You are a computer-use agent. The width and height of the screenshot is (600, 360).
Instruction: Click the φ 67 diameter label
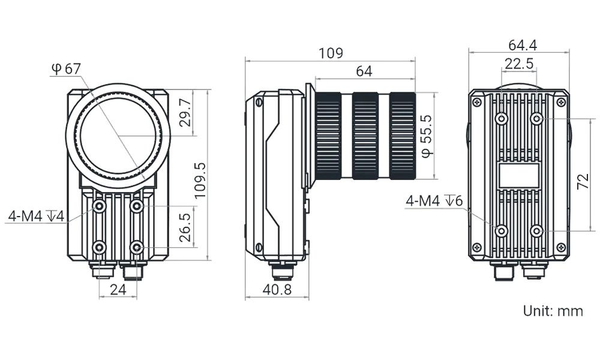(66, 69)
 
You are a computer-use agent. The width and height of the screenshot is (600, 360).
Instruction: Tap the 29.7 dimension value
(185, 112)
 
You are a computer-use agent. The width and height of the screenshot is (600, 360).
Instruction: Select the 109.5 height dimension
(200, 181)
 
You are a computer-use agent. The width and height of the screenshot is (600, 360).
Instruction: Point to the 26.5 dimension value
(185, 227)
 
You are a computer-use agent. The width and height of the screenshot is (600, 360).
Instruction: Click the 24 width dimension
(118, 290)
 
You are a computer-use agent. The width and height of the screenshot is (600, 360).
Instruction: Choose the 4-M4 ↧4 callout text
(36, 217)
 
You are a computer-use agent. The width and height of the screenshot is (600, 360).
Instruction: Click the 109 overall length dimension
(331, 53)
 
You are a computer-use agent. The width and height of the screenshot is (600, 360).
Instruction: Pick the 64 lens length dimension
(364, 71)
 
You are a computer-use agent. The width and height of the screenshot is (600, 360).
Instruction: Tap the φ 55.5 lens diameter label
(427, 136)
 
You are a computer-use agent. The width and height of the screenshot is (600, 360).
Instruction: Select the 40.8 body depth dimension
(277, 290)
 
